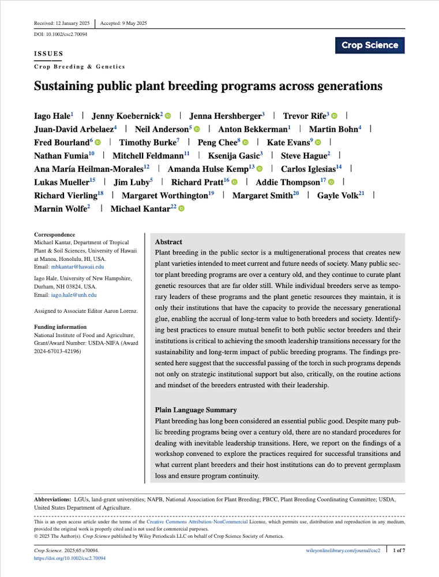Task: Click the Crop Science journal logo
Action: pos(370,45)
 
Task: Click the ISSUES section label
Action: pos(48,54)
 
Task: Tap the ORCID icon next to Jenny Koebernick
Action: pos(168,116)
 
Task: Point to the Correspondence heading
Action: pos(55,235)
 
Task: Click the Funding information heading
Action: pos(61,327)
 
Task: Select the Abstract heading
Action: pos(168,242)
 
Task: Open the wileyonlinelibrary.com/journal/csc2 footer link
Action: pos(343,552)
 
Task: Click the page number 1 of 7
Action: pos(399,552)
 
